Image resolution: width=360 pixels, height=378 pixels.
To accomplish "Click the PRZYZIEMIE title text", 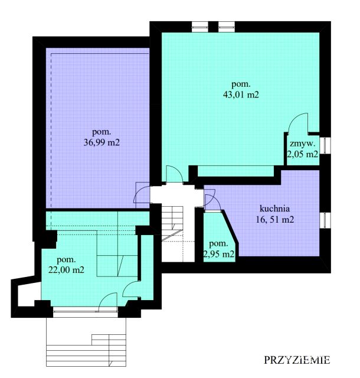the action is coord(297,360).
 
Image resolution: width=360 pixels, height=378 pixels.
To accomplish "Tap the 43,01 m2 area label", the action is coord(241,94).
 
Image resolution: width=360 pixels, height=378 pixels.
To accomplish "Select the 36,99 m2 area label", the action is coord(102,142).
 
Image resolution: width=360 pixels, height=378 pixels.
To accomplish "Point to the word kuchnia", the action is coord(274,208).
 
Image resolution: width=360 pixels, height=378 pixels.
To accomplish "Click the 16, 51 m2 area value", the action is coord(275,220).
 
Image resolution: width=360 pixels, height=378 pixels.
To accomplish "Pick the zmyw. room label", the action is coord(303,144).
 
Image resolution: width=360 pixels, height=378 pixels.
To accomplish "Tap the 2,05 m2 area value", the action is coord(303,154).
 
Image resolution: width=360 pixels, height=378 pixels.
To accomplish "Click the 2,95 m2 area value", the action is coord(219,253).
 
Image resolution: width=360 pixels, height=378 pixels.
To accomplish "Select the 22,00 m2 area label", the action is coord(66,269).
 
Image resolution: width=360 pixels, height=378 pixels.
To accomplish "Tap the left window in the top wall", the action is coord(200,27).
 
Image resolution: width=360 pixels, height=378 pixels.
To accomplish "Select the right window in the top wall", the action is coord(227,27).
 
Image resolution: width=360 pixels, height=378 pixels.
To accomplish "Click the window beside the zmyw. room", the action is coord(325,145).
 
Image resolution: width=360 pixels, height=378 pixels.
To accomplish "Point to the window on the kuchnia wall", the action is coord(325,220).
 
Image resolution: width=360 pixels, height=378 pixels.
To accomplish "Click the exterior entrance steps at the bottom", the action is coord(86,345).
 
